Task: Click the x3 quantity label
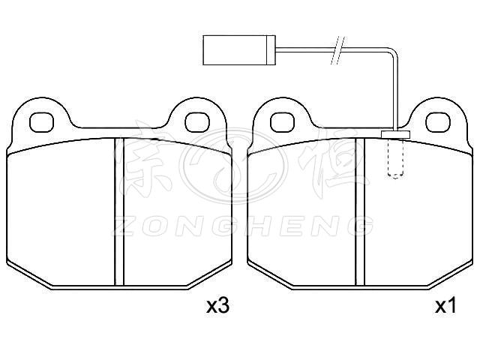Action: tap(218, 306)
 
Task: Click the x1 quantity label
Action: tap(446, 306)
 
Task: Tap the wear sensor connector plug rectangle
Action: tap(239, 50)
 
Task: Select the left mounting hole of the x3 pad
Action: tap(42, 122)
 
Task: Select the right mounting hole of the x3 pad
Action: tap(198, 122)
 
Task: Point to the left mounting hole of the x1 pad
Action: tap(283, 122)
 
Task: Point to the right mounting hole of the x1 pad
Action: tap(438, 122)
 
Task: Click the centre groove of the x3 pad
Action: tap(119, 211)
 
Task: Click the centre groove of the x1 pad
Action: tap(360, 211)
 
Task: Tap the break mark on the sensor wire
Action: tap(337, 50)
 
